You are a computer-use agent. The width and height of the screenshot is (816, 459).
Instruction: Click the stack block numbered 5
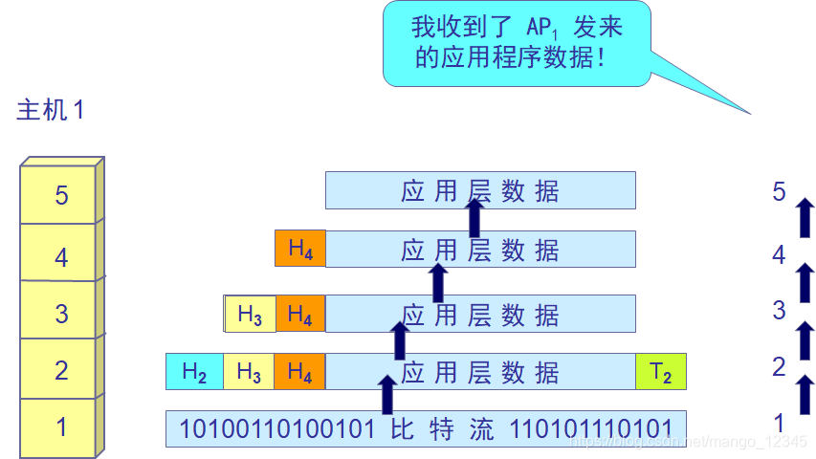pos(61,195)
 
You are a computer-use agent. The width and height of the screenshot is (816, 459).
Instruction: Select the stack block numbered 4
pos(61,256)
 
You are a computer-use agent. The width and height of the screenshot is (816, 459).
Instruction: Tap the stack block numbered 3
pos(61,313)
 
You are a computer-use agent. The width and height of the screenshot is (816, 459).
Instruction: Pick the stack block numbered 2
pos(61,370)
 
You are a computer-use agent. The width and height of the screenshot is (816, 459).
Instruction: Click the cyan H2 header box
pos(194,372)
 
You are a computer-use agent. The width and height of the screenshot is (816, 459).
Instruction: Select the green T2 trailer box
pos(661,372)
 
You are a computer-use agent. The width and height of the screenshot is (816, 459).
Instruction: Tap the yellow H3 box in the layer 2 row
pos(249,372)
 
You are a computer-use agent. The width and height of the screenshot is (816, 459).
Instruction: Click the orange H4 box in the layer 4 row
pos(299,249)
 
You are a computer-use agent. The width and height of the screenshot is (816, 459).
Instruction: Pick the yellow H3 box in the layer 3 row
pos(250,314)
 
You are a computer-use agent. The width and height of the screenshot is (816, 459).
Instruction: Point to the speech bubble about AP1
pos(517,43)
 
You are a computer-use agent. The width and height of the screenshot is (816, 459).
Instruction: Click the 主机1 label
pos(51,110)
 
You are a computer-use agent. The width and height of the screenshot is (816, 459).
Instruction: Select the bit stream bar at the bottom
pos(426,428)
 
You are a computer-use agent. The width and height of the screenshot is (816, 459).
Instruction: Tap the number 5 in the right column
pos(779,192)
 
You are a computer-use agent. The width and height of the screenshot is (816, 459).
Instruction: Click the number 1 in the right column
pos(779,423)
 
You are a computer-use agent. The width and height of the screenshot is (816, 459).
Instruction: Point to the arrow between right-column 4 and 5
pos(805,218)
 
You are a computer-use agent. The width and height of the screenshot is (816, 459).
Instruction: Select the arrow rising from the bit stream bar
pos(386,394)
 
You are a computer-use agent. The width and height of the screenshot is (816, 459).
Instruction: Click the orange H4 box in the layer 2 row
pos(299,372)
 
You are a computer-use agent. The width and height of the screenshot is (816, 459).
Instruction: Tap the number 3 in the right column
pos(779,310)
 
